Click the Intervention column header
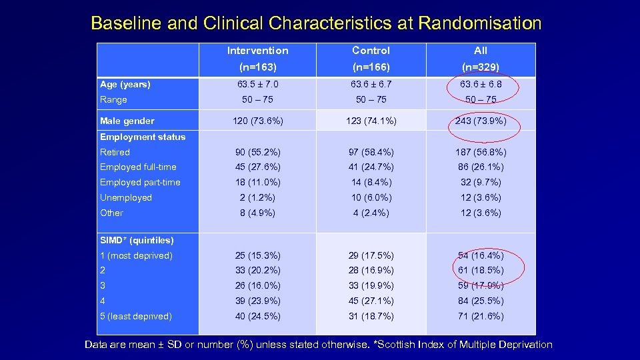[257, 51]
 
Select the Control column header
[371, 51]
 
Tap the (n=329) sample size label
[481, 67]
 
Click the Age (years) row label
[125, 85]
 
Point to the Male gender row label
[127, 121]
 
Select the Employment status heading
[143, 137]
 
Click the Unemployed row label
[126, 197]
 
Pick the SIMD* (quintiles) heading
[137, 240]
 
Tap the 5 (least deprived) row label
[136, 316]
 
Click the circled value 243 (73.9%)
[480, 121]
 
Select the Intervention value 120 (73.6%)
[257, 121]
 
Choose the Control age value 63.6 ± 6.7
[371, 85]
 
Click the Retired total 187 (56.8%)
[480, 152]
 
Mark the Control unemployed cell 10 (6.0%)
[371, 197]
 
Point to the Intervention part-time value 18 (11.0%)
[257, 182]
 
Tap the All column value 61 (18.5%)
[480, 270]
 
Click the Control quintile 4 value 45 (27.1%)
[371, 301]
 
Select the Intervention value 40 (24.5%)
[257, 316]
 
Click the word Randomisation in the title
[479, 23]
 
